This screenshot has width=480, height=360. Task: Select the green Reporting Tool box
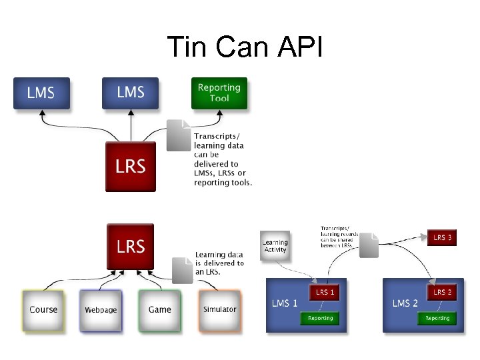(x=219, y=93)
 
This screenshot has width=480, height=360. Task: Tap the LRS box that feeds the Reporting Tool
(x=130, y=167)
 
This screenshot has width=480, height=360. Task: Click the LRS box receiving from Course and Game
(x=130, y=246)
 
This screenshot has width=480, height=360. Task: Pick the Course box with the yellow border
(x=43, y=310)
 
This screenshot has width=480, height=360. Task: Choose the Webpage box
(x=101, y=310)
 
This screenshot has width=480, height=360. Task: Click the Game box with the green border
(x=159, y=310)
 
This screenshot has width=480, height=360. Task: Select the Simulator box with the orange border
(x=219, y=310)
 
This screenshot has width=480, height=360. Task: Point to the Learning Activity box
(x=275, y=246)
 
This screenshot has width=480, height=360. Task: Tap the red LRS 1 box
(x=325, y=292)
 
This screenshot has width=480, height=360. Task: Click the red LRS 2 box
(x=442, y=292)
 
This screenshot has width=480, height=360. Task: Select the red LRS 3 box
(x=442, y=237)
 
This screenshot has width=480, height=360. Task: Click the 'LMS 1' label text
(x=285, y=303)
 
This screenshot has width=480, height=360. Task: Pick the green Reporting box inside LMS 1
(x=320, y=318)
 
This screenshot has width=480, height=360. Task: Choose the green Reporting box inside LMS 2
(x=437, y=318)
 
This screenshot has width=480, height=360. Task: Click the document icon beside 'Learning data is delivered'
(x=182, y=270)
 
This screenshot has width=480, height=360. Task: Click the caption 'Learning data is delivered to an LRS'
(x=219, y=263)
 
